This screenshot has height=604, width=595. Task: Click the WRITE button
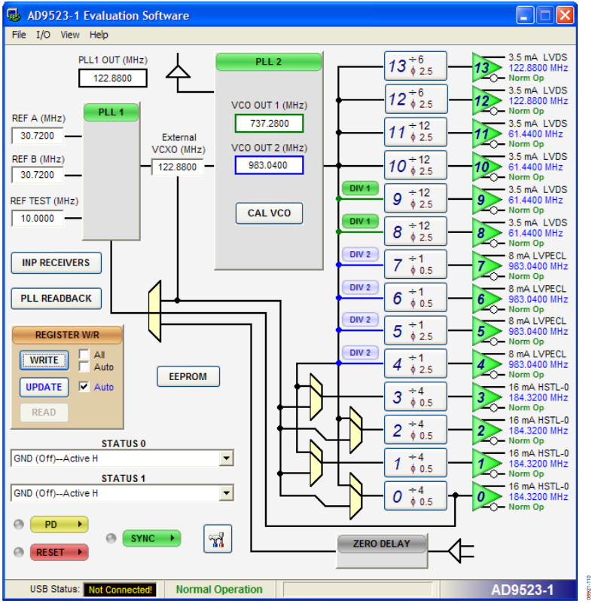[44, 360]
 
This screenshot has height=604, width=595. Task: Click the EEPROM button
[188, 376]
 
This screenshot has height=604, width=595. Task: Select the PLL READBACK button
[56, 298]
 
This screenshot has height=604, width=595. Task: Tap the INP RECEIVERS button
[56, 262]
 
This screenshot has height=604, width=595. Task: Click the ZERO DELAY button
[382, 544]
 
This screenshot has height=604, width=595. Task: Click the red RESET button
[59, 552]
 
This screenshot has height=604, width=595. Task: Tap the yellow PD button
[59, 524]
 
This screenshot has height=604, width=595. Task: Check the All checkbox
[84, 354]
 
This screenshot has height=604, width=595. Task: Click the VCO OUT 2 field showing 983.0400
[269, 165]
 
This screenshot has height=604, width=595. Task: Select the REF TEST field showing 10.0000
[38, 218]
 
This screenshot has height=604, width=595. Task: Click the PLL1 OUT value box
[112, 78]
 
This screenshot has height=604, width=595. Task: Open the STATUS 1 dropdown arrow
[226, 493]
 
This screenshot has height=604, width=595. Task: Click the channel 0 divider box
[415, 496]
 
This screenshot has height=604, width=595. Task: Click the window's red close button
[565, 15]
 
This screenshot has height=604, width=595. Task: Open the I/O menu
[43, 35]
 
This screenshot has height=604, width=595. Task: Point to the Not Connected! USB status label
[120, 590]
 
